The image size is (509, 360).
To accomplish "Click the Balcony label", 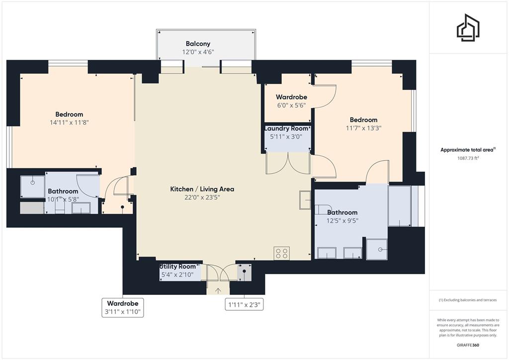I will click(x=198, y=43).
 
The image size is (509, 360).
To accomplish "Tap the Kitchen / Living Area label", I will click(x=202, y=189).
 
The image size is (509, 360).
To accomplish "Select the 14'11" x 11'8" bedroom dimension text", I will click(x=69, y=122).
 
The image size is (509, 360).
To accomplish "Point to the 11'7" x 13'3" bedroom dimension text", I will click(x=363, y=128).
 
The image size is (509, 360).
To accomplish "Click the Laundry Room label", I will click(x=286, y=128).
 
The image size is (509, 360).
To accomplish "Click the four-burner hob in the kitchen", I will click(x=281, y=253).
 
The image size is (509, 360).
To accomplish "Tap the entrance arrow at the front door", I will click(x=218, y=291).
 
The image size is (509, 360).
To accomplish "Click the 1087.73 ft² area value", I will click(x=468, y=159).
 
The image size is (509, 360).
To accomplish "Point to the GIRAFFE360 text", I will click(x=468, y=345).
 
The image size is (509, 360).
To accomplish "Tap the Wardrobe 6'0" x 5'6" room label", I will click(x=291, y=101).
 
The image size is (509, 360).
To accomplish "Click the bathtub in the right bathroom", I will click(x=400, y=206).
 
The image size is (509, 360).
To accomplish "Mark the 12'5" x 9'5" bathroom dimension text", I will click(x=342, y=221).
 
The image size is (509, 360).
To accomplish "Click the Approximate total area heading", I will click(x=468, y=150).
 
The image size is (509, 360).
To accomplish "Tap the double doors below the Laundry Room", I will click(x=288, y=164).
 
